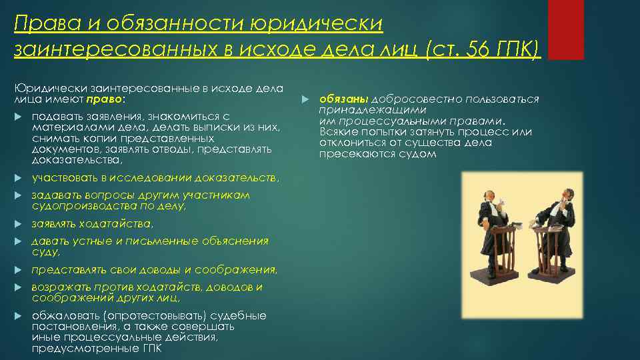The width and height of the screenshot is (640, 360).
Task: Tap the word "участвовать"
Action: click(65, 178)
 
